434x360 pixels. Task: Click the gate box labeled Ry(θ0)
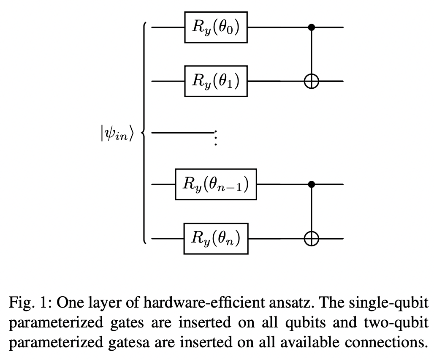(216, 27)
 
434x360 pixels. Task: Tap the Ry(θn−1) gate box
(216, 185)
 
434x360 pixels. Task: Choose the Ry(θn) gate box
(216, 239)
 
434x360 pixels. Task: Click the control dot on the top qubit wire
(312, 27)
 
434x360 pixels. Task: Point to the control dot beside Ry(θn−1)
(312, 185)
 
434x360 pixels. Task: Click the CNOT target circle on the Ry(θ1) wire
(312, 81)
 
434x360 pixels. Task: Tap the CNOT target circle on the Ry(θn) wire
(312, 239)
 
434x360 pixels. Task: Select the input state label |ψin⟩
(117, 134)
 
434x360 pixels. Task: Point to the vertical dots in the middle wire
(215, 137)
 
